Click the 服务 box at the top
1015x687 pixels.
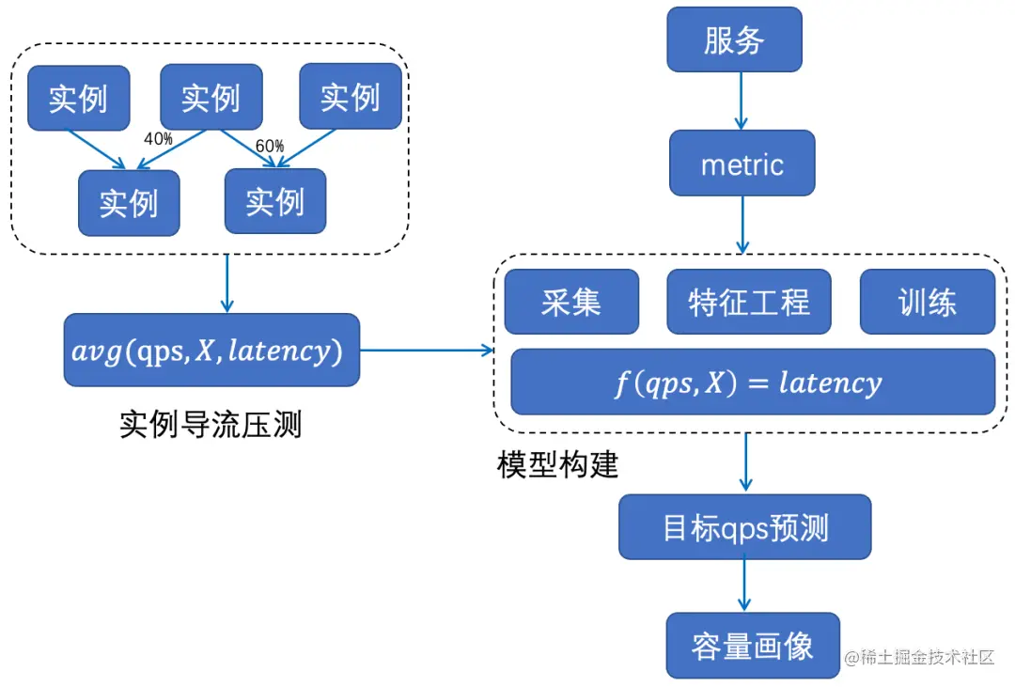click(x=734, y=39)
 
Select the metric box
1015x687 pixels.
click(x=742, y=164)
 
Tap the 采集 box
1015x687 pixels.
click(x=570, y=302)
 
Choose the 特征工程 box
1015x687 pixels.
click(x=748, y=302)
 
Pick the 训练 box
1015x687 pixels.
click(x=927, y=302)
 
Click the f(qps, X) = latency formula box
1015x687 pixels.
click(x=752, y=382)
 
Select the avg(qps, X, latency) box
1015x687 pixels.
click(x=211, y=350)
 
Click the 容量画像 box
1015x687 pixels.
click(x=753, y=646)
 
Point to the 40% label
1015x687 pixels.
click(x=157, y=138)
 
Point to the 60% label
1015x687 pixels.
click(x=269, y=146)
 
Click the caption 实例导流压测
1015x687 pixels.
click(x=211, y=424)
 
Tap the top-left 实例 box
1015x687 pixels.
click(x=79, y=98)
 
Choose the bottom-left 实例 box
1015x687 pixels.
click(x=129, y=202)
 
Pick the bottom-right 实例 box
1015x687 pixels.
click(x=275, y=201)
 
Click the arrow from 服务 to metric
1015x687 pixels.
click(x=741, y=101)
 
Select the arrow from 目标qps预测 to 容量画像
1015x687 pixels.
click(x=745, y=585)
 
